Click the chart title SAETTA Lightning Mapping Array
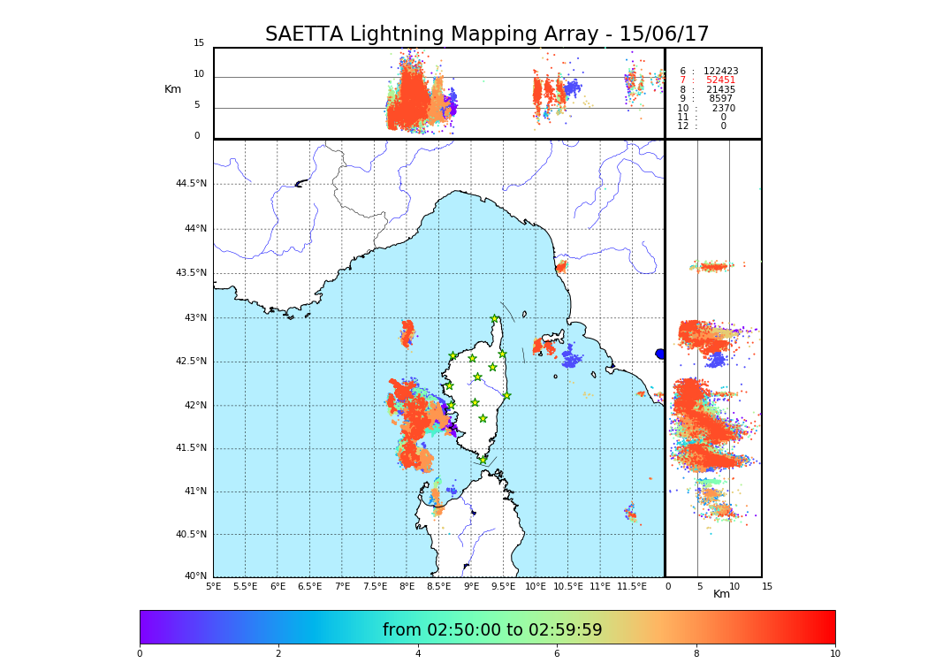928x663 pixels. click(x=487, y=34)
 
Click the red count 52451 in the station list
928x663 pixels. click(x=720, y=80)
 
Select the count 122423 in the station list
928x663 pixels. click(x=720, y=72)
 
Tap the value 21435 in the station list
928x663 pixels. click(x=720, y=90)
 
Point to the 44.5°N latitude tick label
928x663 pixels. click(x=191, y=184)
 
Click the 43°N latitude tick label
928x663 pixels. click(x=194, y=318)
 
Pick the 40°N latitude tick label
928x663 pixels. click(x=195, y=576)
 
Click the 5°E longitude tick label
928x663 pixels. click(x=214, y=586)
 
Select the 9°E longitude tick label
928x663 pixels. click(x=471, y=586)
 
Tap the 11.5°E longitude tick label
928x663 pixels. click(x=632, y=586)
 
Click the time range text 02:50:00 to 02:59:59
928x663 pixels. click(x=492, y=630)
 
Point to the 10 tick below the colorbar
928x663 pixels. click(x=834, y=654)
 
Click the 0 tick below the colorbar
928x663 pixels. click(x=140, y=654)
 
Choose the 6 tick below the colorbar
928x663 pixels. click(x=557, y=654)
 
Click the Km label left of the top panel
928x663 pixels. click(x=172, y=89)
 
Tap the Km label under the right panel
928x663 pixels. click(x=721, y=594)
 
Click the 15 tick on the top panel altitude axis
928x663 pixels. click(x=199, y=43)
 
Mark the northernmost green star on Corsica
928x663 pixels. click(x=495, y=319)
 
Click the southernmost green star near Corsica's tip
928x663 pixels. click(x=483, y=460)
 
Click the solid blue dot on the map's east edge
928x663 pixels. click(x=660, y=354)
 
